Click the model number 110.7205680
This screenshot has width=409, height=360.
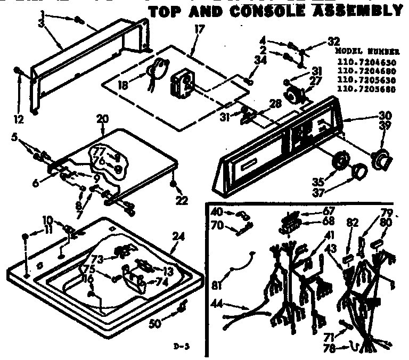coord(367,89)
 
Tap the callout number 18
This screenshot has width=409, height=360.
coord(122,83)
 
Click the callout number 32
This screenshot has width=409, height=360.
coord(333,42)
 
